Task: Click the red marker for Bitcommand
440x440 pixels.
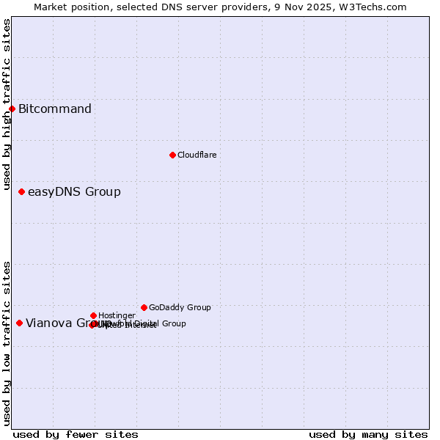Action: tap(12, 109)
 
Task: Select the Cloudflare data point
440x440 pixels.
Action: tap(172, 155)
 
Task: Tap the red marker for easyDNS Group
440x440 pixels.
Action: tap(21, 192)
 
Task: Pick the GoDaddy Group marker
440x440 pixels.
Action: tap(144, 307)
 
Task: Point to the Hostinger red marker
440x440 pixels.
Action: tap(93, 315)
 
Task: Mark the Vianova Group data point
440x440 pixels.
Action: tap(19, 323)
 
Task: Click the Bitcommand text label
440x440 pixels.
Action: tap(55, 109)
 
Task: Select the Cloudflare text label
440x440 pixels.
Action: tap(197, 155)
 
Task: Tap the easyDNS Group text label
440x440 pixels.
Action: tap(74, 192)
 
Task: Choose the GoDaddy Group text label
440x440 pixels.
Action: tap(180, 307)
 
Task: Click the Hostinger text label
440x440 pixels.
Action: tap(117, 315)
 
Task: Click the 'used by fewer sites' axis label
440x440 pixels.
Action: tap(76, 434)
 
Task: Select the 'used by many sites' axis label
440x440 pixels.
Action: tap(368, 434)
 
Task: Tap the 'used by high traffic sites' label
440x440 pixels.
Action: tap(7, 105)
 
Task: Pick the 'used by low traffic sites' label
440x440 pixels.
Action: tap(7, 343)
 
